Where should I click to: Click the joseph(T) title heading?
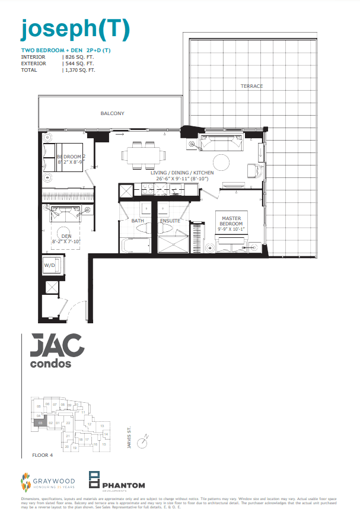(x=75, y=28)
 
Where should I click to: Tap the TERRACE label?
(x=251, y=87)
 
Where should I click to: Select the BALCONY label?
(x=112, y=113)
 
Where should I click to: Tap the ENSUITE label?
(x=170, y=221)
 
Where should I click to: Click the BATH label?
(x=138, y=221)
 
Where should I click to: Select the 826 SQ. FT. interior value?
(x=78, y=57)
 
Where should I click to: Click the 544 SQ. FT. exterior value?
(x=78, y=63)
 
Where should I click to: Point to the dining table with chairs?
(x=143, y=154)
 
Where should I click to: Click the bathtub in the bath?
(x=135, y=245)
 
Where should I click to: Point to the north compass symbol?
(x=142, y=442)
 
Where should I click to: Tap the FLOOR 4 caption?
(x=43, y=456)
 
